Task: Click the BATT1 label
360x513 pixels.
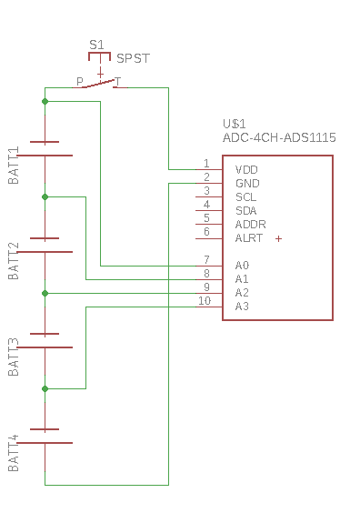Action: (x=14, y=166)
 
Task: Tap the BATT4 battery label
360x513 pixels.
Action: (x=14, y=453)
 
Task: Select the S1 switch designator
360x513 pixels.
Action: (x=96, y=45)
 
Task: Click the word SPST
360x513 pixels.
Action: (x=133, y=58)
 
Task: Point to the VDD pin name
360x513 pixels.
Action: (x=246, y=170)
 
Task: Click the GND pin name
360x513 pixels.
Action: (x=247, y=184)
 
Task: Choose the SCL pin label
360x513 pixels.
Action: (x=245, y=197)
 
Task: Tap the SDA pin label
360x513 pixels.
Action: (x=245, y=211)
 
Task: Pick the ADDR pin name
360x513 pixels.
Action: (x=251, y=225)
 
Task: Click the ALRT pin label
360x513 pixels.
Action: (x=249, y=238)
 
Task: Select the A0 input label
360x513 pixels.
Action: (x=242, y=265)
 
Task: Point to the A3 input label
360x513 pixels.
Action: (x=242, y=307)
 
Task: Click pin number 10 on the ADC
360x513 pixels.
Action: (x=205, y=301)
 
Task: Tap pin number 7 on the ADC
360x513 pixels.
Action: (x=206, y=260)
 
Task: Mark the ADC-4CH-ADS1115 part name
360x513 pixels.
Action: (x=279, y=137)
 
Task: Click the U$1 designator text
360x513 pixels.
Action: (x=235, y=124)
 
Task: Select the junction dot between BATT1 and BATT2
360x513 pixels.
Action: (x=45, y=197)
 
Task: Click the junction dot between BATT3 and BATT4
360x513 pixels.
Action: (x=45, y=388)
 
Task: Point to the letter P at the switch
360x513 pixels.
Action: (x=80, y=82)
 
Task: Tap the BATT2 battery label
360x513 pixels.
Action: (x=14, y=261)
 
